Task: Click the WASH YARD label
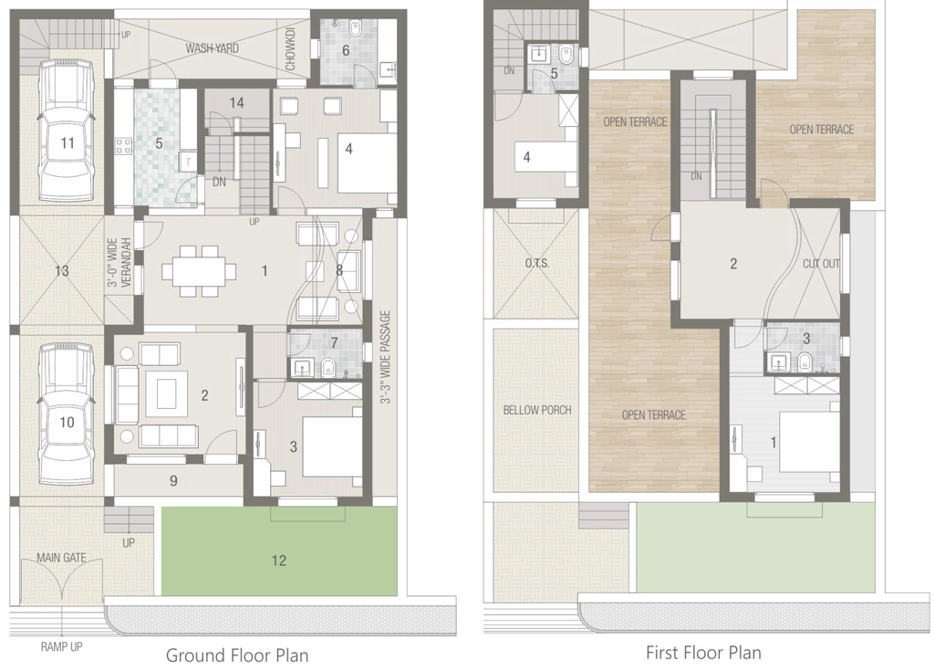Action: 212,47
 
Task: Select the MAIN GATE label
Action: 61,558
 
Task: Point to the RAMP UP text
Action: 61,646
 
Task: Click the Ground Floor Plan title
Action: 237,655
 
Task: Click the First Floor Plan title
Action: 703,653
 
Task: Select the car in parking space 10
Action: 67,414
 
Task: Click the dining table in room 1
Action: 199,271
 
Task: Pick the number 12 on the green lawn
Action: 279,560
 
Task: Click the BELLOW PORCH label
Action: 536,410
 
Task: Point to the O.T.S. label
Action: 537,263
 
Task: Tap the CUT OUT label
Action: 821,263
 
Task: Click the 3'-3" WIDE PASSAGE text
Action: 386,357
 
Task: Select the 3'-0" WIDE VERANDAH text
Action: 119,263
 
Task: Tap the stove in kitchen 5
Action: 123,146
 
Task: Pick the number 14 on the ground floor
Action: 236,102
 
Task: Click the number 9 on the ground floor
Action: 173,481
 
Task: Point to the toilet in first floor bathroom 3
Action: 804,362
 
